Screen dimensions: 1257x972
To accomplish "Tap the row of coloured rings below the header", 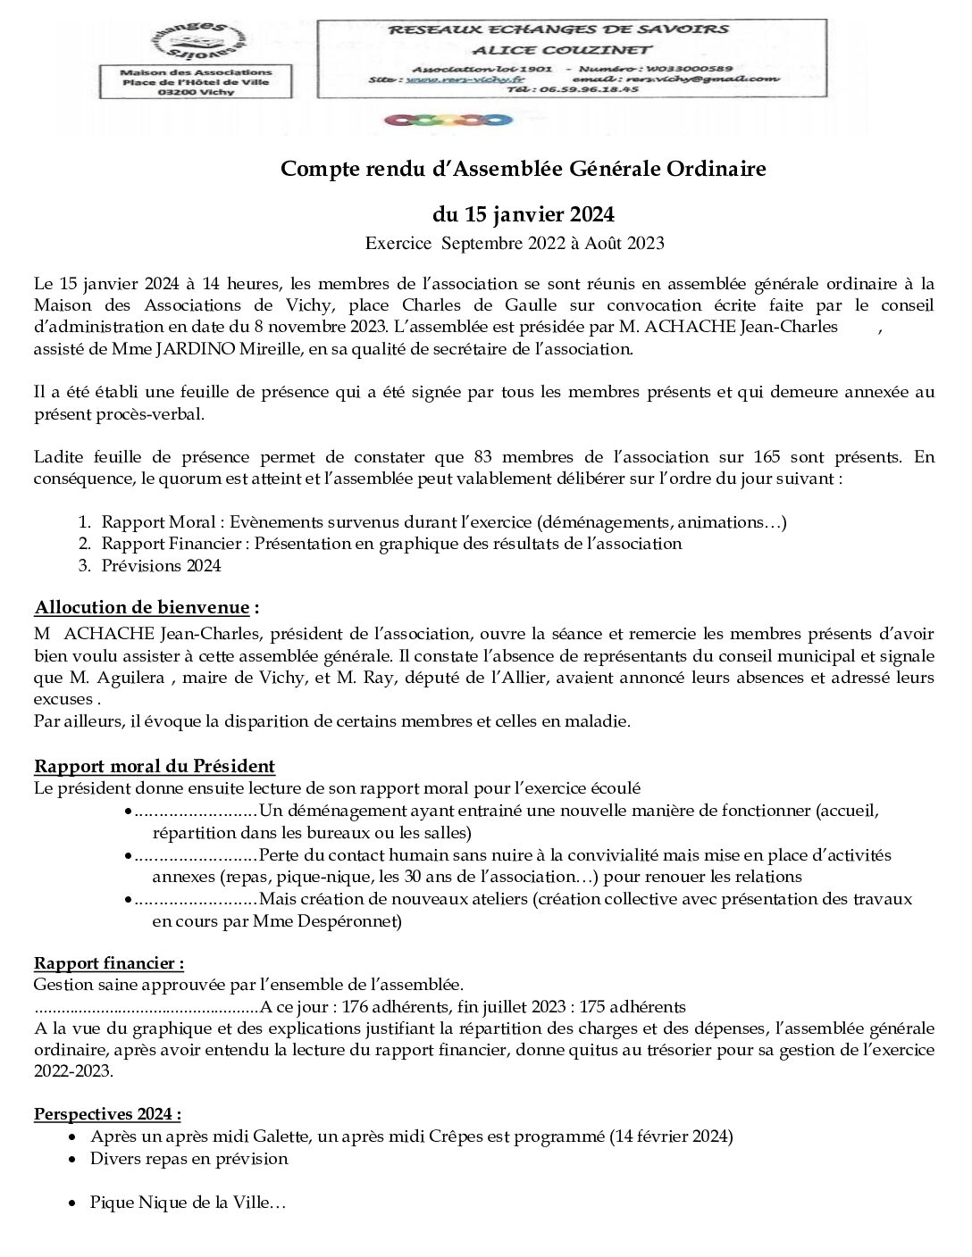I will tap(448, 119).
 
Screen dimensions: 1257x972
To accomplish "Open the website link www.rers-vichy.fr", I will tap(465, 79).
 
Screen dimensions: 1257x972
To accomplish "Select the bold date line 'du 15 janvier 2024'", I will tap(523, 214).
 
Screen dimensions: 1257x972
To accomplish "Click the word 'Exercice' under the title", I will tap(398, 243).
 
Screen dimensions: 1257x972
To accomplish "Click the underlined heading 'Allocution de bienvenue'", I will tap(142, 608).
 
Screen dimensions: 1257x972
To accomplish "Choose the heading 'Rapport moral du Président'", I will tap(155, 766).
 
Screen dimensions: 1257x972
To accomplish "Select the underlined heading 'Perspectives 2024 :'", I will tap(107, 1114).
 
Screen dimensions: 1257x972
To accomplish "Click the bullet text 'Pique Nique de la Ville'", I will tap(188, 1203).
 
